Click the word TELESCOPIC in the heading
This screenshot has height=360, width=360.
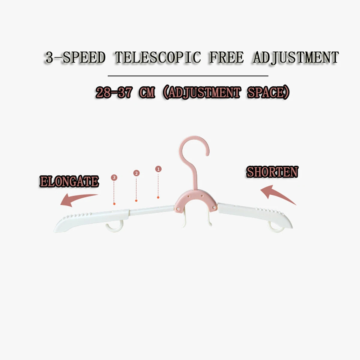click(158, 57)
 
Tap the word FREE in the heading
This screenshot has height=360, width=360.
click(227, 57)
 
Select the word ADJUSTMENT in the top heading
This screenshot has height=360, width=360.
click(296, 57)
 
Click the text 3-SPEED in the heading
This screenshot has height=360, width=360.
click(75, 57)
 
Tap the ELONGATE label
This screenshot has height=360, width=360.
click(69, 182)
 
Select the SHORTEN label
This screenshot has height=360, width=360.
click(272, 172)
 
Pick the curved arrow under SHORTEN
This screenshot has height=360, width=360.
click(277, 194)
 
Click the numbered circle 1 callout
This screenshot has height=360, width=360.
click(158, 169)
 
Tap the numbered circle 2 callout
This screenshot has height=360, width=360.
click(136, 173)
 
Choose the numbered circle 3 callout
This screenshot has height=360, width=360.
click(114, 178)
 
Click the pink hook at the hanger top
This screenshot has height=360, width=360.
click(195, 156)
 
